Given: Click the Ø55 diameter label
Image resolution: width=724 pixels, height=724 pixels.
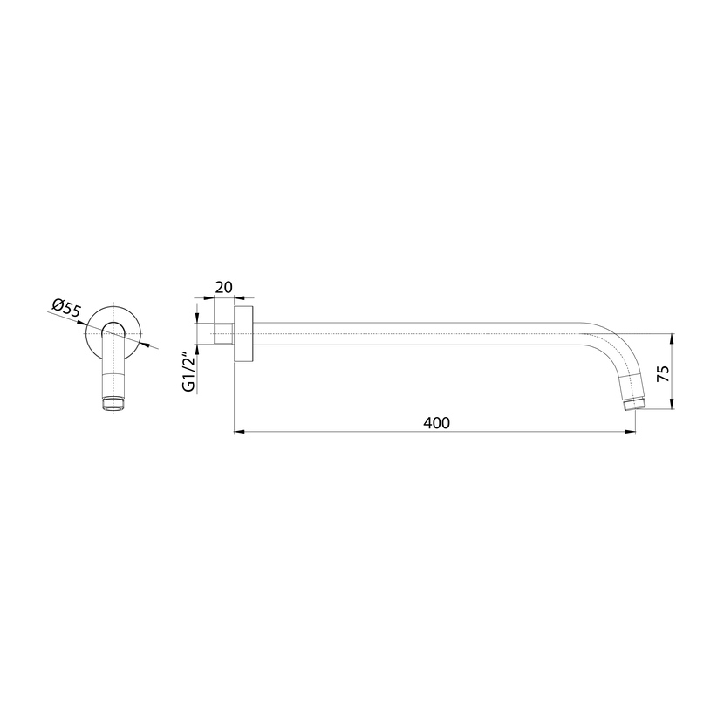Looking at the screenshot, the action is click(x=67, y=309).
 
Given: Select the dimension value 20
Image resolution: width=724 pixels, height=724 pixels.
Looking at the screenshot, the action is click(x=224, y=287).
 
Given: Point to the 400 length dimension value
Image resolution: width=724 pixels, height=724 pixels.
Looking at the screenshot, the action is click(x=436, y=422).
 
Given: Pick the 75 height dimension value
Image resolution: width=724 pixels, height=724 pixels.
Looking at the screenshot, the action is click(x=663, y=373).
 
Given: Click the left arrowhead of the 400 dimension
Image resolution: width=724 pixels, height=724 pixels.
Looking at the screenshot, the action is click(x=239, y=432).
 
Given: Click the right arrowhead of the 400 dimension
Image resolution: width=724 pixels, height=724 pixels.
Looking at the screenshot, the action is click(x=631, y=432).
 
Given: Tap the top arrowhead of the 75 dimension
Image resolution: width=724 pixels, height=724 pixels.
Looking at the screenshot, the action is click(x=672, y=339).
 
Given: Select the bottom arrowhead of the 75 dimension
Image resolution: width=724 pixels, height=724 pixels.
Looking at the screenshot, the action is click(x=672, y=403).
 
